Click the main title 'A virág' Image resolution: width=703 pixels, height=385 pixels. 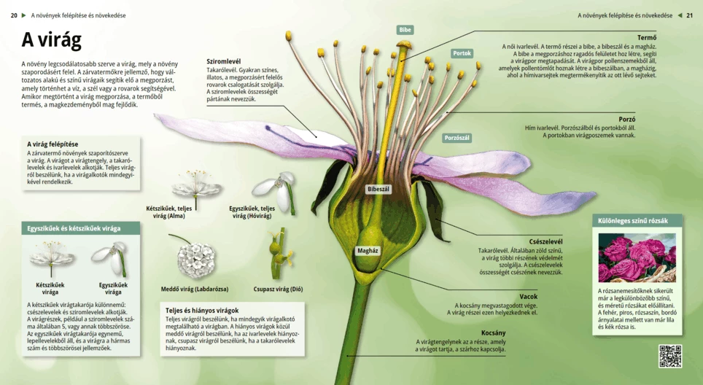(51, 41)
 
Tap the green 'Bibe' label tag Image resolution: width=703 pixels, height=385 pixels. (405, 30)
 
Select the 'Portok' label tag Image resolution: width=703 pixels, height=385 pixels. (462, 53)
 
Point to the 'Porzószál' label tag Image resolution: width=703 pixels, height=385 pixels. (457, 138)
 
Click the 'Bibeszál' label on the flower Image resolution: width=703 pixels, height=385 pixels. (378, 189)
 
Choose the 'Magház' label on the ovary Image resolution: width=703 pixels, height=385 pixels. (368, 250)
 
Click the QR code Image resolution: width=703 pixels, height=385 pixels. (669, 356)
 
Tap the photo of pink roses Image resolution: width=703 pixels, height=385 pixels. (637, 257)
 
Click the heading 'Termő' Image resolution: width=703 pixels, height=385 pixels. (646, 38)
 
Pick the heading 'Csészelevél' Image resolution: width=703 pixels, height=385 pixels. (545, 241)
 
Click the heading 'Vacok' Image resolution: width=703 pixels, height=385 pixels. (528, 296)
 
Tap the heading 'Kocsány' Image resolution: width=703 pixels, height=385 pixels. (493, 332)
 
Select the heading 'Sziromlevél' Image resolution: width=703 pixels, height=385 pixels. (224, 61)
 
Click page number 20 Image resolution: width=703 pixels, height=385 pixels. (14, 15)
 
